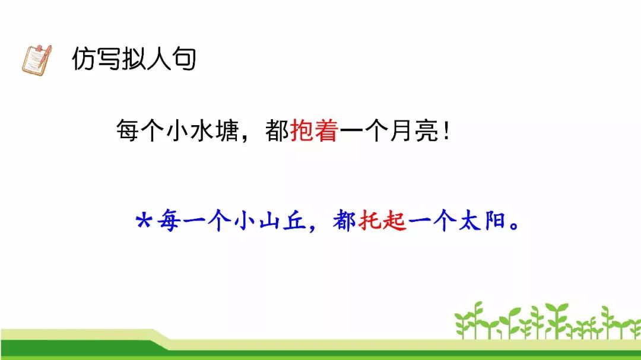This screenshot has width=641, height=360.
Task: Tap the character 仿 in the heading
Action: click(x=84, y=59)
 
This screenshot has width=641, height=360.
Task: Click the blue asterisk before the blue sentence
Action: click(x=144, y=221)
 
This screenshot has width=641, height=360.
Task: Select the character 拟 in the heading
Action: click(x=134, y=59)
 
